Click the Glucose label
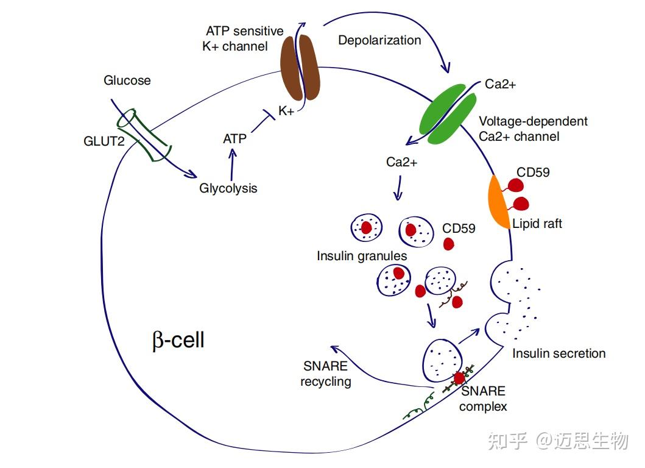127,80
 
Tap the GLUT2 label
104,141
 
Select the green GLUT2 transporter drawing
144,135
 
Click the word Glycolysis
228,188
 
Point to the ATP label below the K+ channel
234,139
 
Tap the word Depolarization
379,40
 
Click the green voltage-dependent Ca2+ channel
448,114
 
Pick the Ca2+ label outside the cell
500,84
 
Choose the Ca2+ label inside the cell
401,162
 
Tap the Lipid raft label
537,224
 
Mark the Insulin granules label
362,256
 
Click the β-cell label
178,341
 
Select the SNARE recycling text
326,374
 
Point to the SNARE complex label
483,399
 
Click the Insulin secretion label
559,353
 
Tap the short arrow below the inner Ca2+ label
398,188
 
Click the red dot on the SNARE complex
459,377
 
